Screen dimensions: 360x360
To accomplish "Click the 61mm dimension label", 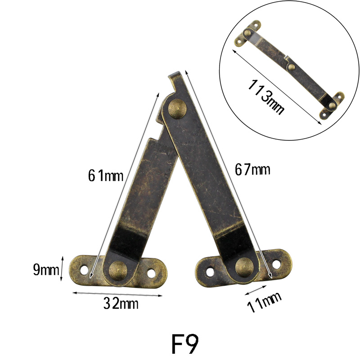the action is [106, 176].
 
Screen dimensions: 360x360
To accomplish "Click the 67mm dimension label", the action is [252, 170].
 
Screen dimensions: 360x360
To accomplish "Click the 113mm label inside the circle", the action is [266, 96].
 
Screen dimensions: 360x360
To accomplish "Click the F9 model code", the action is [185, 344].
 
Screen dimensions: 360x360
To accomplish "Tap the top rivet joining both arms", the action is [177, 109].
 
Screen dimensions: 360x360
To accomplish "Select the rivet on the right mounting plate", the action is [245, 267].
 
